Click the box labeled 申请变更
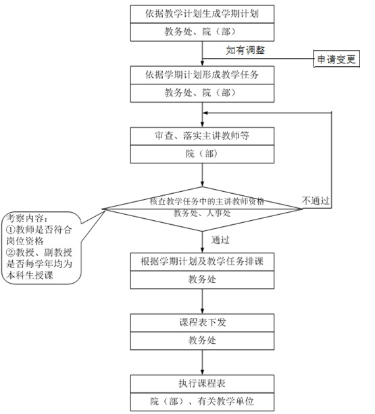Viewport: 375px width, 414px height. [x=336, y=59]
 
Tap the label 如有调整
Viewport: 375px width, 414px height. [x=245, y=50]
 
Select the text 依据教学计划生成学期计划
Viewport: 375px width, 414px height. [x=202, y=14]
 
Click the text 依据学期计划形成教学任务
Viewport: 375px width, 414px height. [x=202, y=75]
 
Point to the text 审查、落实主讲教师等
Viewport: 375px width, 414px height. [x=202, y=136]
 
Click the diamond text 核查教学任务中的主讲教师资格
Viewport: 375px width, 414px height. [x=207, y=201]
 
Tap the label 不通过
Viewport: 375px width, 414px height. [x=316, y=201]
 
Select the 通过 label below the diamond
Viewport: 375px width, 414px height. [x=220, y=240]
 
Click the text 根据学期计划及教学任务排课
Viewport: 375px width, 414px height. [x=202, y=261]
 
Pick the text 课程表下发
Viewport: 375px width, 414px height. [x=203, y=322]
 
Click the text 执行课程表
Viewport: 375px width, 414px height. [x=202, y=384]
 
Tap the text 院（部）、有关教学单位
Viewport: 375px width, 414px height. [x=202, y=402]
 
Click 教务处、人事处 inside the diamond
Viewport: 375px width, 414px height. [x=202, y=213]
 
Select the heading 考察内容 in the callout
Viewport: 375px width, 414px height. [x=26, y=218]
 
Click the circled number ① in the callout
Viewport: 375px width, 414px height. [x=11, y=230]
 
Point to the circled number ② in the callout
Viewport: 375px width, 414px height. [x=11, y=253]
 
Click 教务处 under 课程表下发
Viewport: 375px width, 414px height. [x=202, y=340]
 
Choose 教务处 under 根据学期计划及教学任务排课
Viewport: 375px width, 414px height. [x=202, y=280]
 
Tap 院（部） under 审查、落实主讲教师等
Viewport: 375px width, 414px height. [x=202, y=154]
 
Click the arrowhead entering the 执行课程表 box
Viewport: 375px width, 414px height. [x=202, y=372]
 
